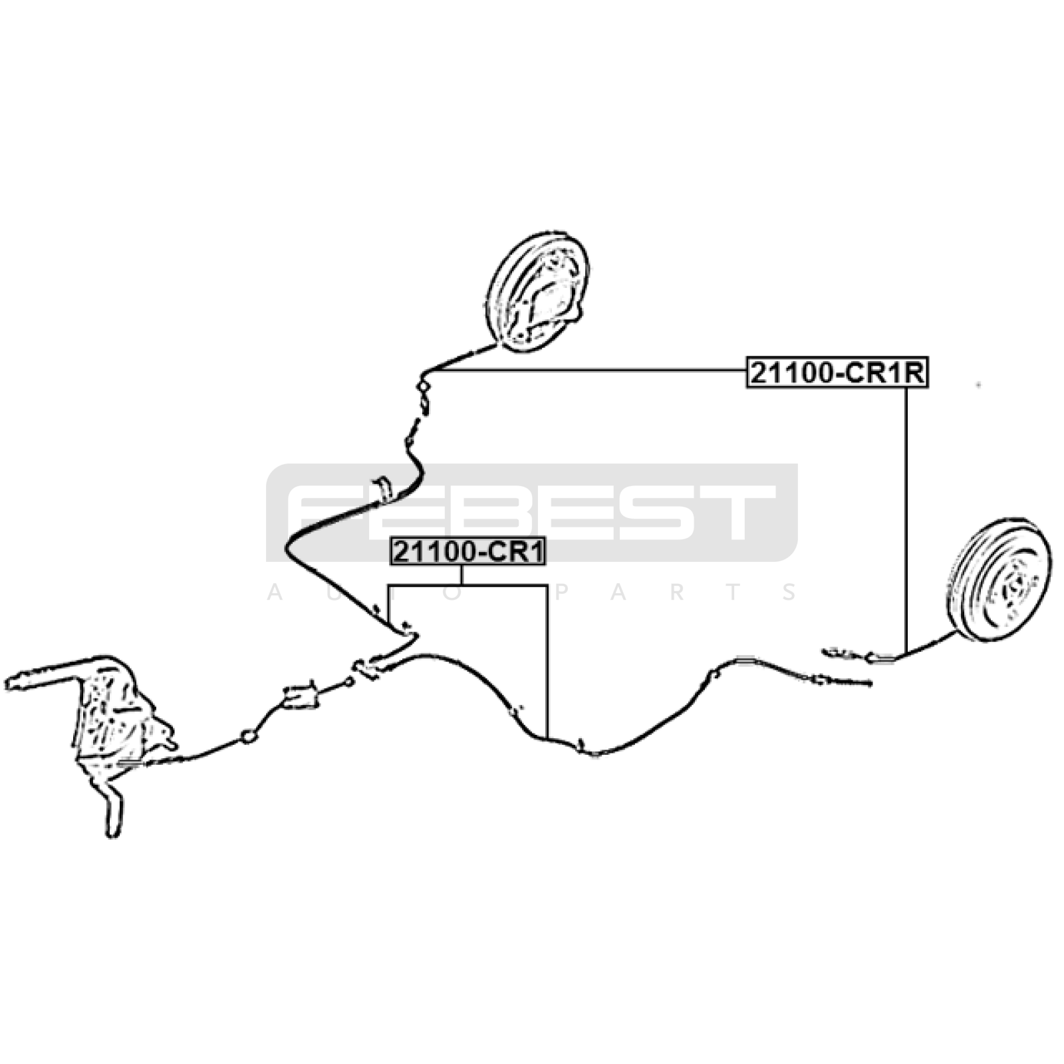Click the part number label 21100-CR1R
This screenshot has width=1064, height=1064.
click(x=836, y=373)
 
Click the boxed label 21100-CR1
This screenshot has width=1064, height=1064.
click(x=468, y=552)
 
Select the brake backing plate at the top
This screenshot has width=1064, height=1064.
click(x=538, y=291)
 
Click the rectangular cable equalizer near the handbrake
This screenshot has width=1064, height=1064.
click(x=300, y=696)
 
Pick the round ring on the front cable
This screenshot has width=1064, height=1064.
click(x=248, y=736)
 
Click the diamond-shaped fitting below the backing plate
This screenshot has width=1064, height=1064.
click(x=422, y=386)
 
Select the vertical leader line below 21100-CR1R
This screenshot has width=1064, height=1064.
click(x=906, y=519)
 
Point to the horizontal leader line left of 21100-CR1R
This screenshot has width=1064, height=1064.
click(x=585, y=370)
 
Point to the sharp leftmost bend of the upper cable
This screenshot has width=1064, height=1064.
click(x=287, y=549)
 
